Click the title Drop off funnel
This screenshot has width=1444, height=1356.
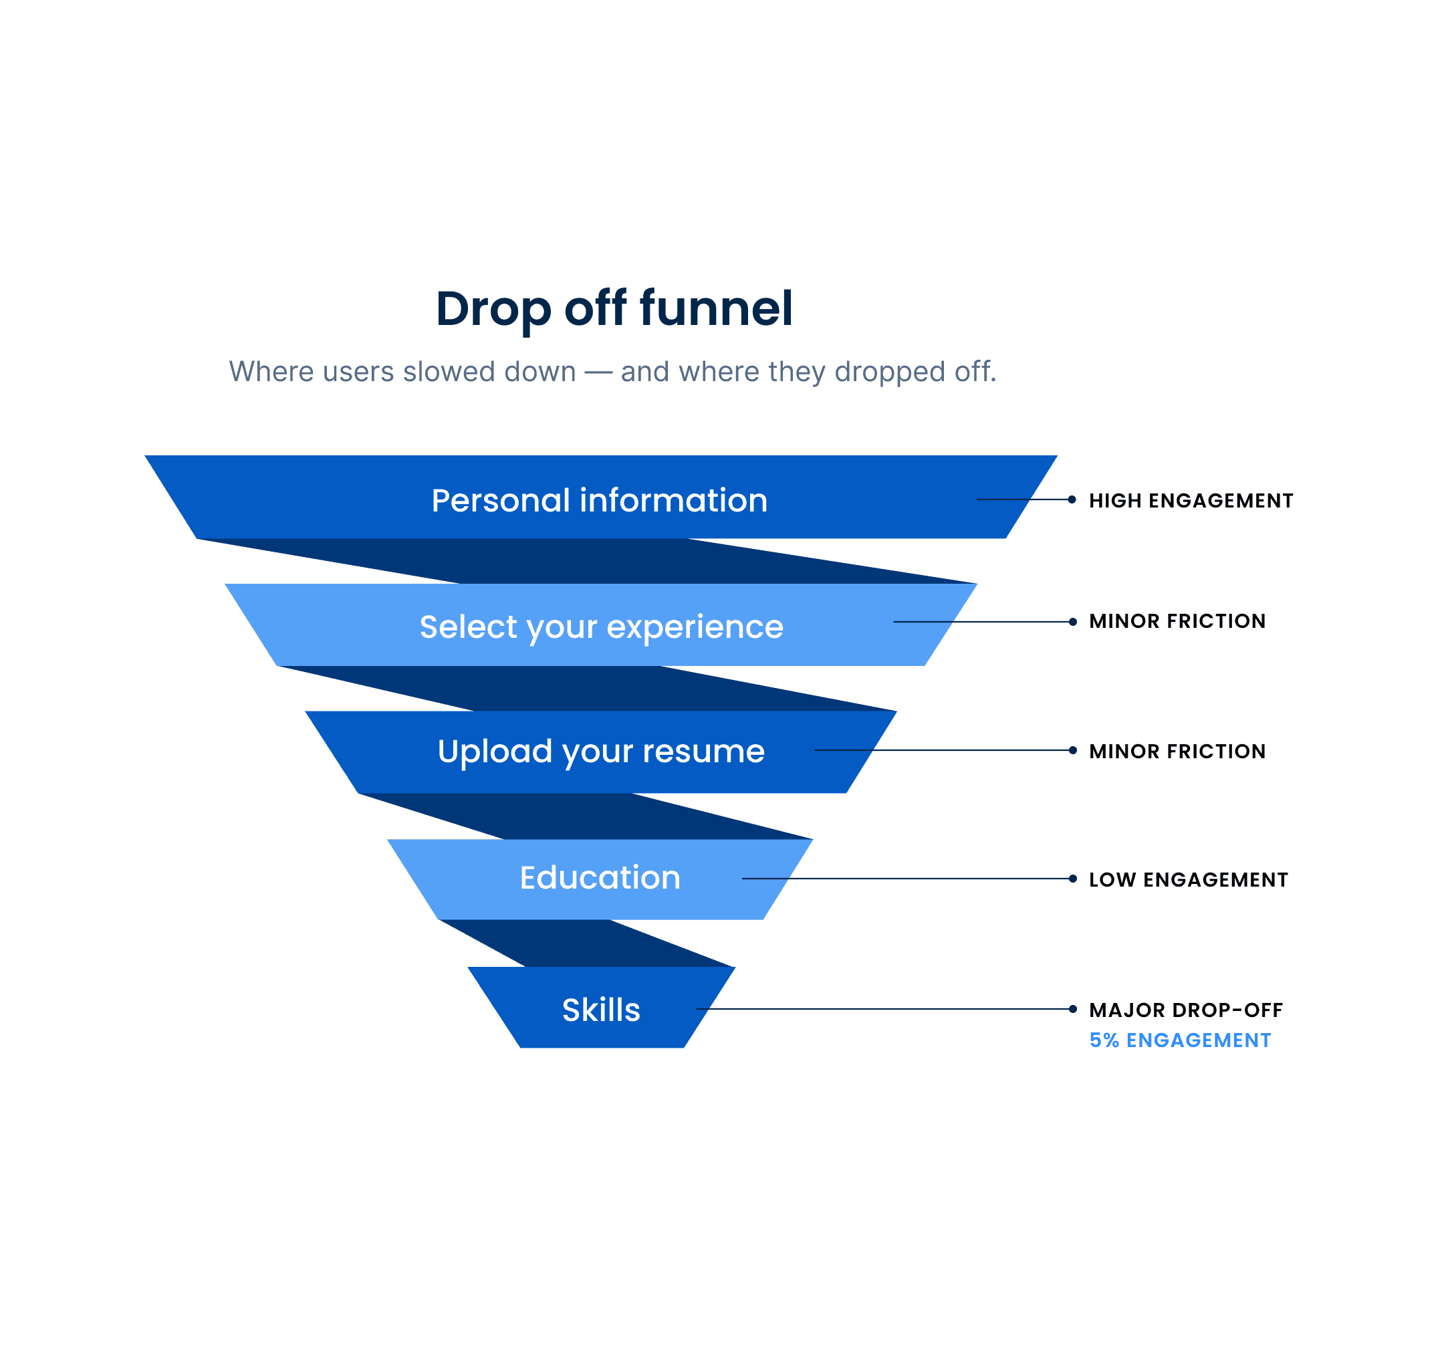pos(614,309)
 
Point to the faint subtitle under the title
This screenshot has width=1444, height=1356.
pos(612,371)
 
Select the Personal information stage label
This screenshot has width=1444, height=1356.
pos(599,500)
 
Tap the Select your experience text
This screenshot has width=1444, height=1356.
pos(602,627)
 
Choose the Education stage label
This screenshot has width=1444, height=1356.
pos(600,877)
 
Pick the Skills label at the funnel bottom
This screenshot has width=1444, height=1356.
pos(601,1010)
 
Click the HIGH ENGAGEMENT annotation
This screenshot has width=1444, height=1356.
pos(1191,500)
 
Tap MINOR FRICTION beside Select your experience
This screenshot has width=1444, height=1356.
pos(1177,621)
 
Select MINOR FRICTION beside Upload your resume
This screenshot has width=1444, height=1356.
pos(1177,751)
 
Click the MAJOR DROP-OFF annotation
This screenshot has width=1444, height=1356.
pos(1185,1010)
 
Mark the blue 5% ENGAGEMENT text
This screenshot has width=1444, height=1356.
pos(1180,1040)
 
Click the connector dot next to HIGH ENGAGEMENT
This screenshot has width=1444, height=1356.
pos(1072,499)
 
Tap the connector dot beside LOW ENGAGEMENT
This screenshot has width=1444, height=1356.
pos(1073,879)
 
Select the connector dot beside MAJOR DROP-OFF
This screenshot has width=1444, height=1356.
pos(1073,1009)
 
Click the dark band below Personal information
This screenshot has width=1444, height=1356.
pos(581,561)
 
